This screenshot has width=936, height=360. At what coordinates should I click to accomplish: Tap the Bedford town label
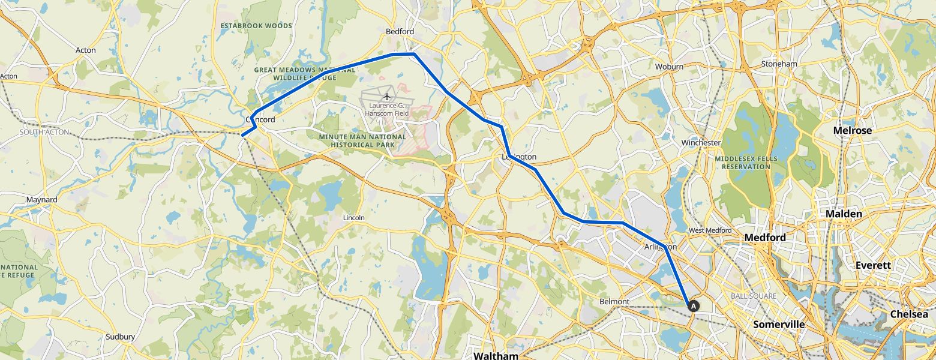pyautogui.click(x=400, y=31)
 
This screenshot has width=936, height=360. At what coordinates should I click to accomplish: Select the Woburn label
pyautogui.click(x=669, y=67)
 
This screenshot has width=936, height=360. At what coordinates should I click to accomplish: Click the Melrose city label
pyautogui.click(x=853, y=130)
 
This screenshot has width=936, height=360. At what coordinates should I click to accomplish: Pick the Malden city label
pyautogui.click(x=844, y=214)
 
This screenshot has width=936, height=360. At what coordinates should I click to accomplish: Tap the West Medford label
pyautogui.click(x=710, y=230)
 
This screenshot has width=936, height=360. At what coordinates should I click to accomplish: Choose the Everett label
pyautogui.click(x=873, y=265)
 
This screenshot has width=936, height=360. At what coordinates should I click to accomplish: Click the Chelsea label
pyautogui.click(x=908, y=314)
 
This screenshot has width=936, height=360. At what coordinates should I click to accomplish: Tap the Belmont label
pyautogui.click(x=614, y=301)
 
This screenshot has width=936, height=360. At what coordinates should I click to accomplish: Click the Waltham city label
pyautogui.click(x=495, y=356)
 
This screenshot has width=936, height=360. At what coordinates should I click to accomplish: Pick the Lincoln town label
pyautogui.click(x=353, y=217)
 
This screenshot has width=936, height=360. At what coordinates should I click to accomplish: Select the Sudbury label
pyautogui.click(x=120, y=337)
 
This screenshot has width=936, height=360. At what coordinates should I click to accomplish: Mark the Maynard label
pyautogui.click(x=42, y=199)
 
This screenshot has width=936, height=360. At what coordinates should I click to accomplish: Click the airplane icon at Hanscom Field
pyautogui.click(x=387, y=97)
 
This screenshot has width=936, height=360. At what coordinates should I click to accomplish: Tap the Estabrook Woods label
pyautogui.click(x=256, y=26)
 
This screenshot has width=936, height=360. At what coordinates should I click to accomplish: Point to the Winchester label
pyautogui.click(x=701, y=143)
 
